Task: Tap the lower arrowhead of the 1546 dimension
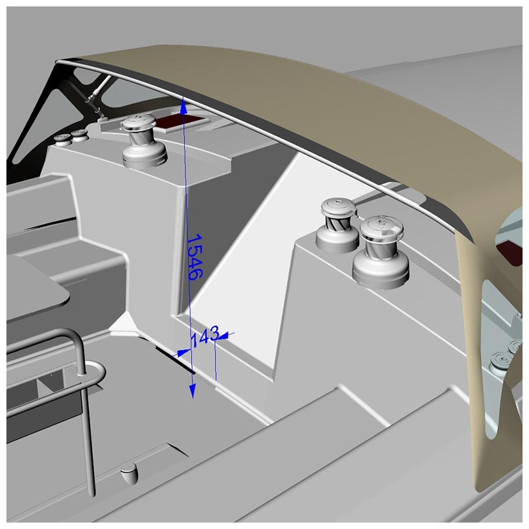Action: (x=192, y=392)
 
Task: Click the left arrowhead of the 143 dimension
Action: (x=183, y=352)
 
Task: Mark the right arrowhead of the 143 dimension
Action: (x=226, y=334)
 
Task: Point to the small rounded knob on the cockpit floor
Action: (x=129, y=474)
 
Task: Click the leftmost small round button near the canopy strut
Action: (x=63, y=137)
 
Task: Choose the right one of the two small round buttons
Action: (x=79, y=135)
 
